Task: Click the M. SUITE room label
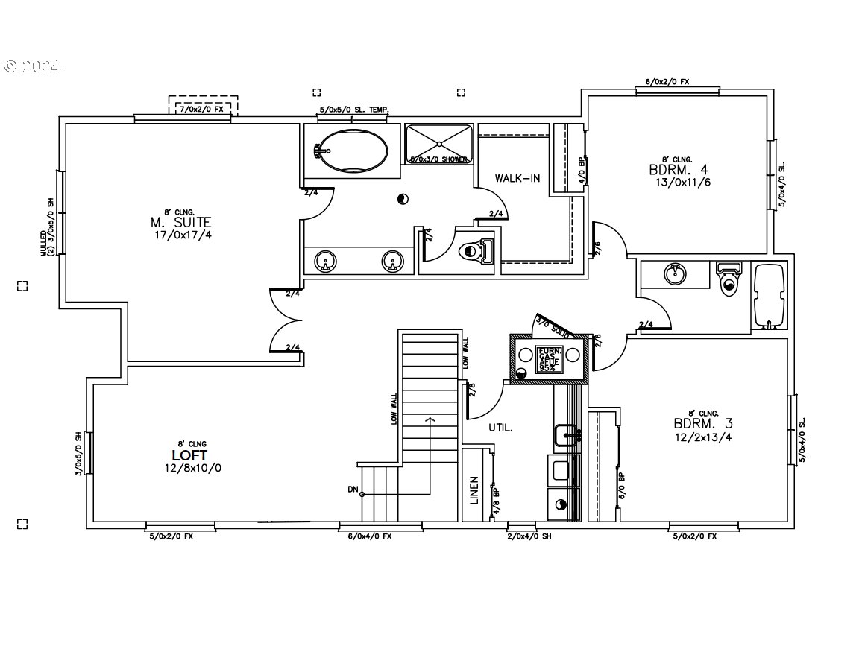[x=181, y=222]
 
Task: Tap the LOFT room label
[x=189, y=455]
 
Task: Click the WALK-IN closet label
[x=517, y=179]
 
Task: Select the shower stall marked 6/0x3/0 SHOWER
[x=439, y=143]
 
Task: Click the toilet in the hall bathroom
[x=728, y=277]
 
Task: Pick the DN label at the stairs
[x=353, y=490]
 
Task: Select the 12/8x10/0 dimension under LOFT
[x=193, y=469]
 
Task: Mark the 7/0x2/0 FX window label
[x=202, y=109]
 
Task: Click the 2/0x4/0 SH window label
[x=529, y=536]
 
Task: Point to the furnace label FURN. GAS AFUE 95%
[x=550, y=359]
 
